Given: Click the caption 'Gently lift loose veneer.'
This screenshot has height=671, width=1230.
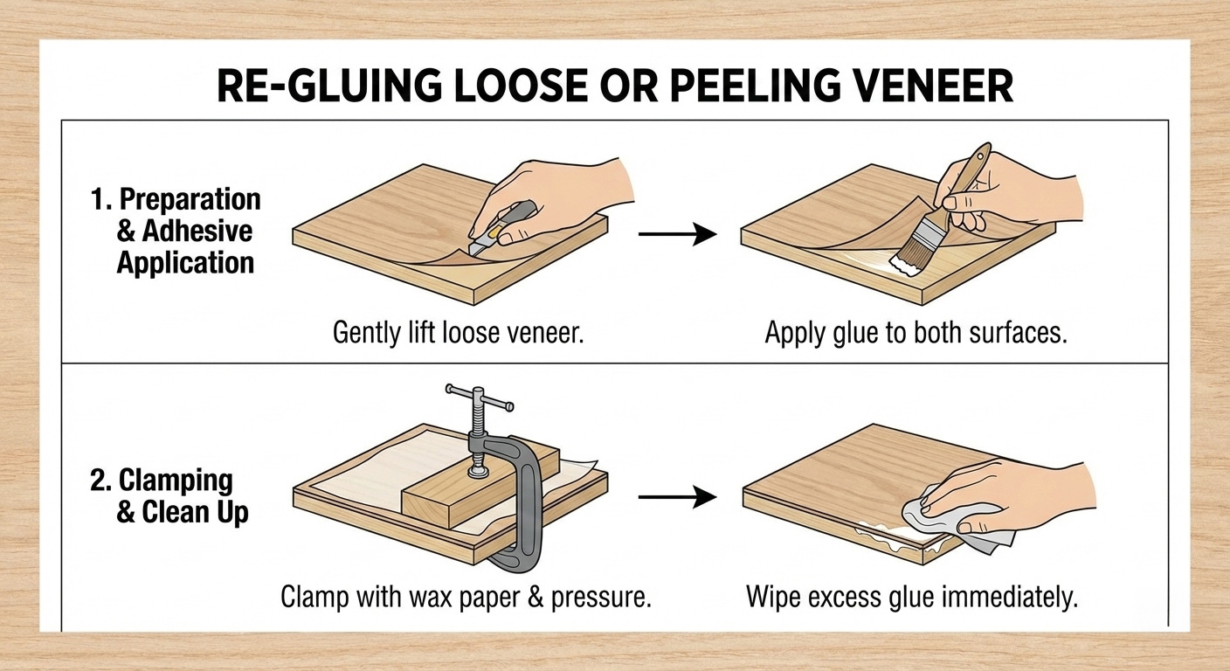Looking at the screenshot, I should point(458,334).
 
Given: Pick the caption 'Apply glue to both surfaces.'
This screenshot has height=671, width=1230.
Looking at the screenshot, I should point(916,334).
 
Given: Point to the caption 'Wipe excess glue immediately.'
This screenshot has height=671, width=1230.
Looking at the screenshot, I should point(912,598).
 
